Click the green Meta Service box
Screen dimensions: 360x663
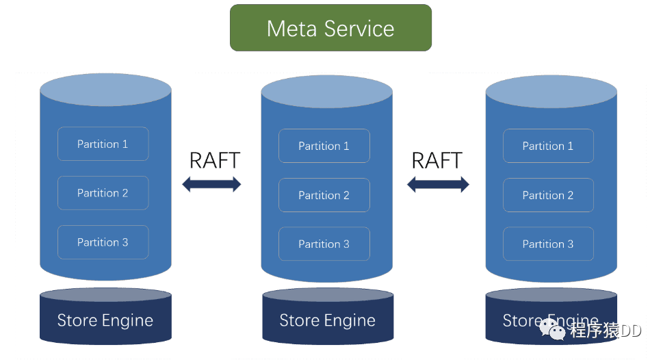click(330, 28)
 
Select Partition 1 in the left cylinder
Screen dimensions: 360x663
click(103, 144)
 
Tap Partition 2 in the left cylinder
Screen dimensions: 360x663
click(103, 193)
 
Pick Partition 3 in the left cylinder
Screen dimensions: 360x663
click(103, 242)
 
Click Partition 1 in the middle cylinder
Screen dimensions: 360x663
click(324, 146)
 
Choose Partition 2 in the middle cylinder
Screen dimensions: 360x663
click(324, 195)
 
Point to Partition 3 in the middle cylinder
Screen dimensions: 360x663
click(324, 244)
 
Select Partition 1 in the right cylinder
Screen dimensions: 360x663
click(548, 146)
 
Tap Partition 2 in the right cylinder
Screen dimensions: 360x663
click(548, 195)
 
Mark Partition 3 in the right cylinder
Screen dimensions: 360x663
click(548, 244)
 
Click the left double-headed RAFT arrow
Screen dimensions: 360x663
click(211, 184)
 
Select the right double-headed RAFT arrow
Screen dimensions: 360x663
click(438, 184)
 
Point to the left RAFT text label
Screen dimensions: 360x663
click(214, 160)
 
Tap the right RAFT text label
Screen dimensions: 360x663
click(437, 160)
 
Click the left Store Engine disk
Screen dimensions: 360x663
click(105, 320)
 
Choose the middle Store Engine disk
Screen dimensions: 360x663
click(327, 320)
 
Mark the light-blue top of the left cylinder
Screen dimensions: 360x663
click(105, 90)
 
